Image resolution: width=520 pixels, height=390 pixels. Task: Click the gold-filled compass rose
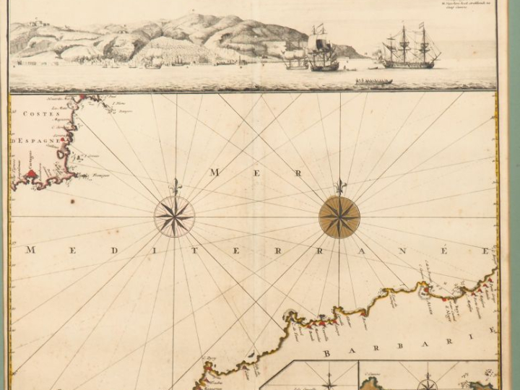point(339,217)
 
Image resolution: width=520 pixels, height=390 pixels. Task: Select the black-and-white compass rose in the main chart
point(174,217)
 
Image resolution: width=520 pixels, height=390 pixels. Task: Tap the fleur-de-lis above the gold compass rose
point(339,186)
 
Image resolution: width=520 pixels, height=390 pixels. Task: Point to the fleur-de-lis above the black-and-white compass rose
point(174,187)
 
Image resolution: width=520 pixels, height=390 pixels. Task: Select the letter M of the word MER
point(214,172)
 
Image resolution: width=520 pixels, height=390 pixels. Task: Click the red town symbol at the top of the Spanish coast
point(84,97)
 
